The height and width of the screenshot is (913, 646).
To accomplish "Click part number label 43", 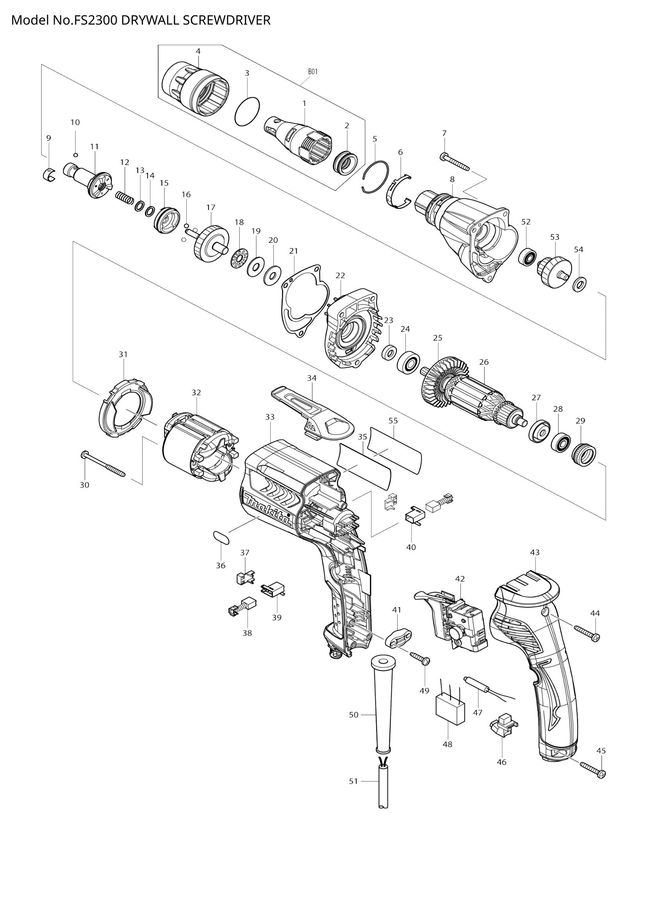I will tap(535, 552).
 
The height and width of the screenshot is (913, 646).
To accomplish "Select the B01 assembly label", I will tap(313, 72).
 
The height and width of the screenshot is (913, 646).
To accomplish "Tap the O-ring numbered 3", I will tap(247, 112).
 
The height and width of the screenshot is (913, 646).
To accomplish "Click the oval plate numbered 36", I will tap(221, 537).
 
